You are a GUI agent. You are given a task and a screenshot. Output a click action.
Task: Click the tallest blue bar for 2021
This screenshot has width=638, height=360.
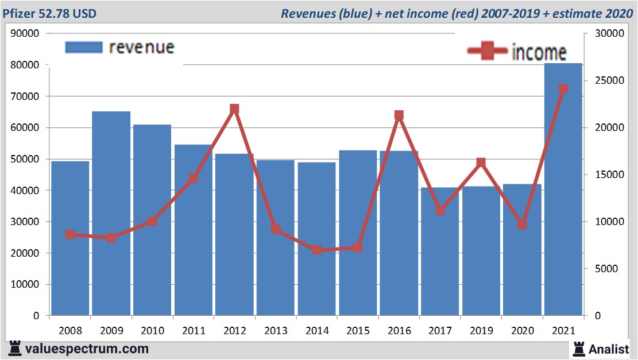[563, 189]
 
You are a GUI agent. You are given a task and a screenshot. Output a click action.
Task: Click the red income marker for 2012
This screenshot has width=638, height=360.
[234, 109]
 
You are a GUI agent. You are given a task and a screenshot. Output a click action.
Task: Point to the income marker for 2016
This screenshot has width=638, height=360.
[399, 115]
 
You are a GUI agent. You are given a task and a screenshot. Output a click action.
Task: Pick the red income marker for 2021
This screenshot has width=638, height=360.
[563, 89]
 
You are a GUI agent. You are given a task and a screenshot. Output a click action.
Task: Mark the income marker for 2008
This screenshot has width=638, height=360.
[70, 234]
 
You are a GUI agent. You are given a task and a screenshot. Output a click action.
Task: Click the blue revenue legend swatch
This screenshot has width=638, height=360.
[83, 47]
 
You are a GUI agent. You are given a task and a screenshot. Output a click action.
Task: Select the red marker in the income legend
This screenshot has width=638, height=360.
[488, 51]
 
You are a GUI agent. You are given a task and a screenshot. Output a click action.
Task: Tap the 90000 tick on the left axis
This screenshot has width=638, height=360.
[25, 33]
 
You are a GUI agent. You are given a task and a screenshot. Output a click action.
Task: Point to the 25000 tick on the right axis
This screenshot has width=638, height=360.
[604, 80]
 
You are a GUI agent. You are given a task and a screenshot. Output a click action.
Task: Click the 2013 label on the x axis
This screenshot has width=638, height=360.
[276, 331]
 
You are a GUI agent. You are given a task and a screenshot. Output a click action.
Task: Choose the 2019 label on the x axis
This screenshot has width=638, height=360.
[481, 331]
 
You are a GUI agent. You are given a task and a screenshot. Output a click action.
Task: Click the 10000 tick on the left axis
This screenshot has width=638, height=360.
[25, 284]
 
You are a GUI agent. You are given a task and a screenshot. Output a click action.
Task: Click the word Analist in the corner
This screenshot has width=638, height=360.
[609, 349]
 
